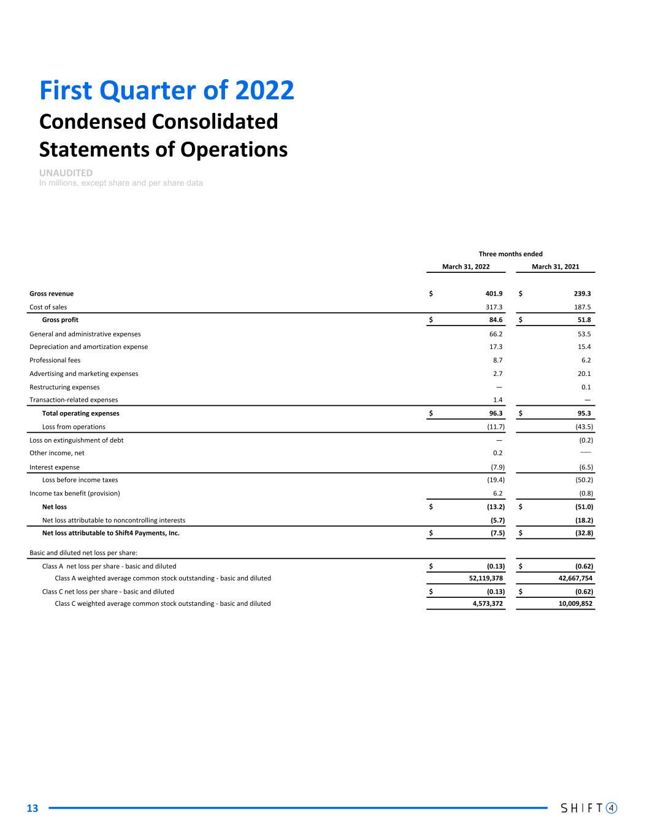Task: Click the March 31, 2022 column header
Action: [x=465, y=267]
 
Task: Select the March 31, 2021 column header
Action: [x=555, y=267]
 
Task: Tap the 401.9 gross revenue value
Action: [x=494, y=294]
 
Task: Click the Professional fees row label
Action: [x=55, y=361]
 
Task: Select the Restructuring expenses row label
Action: [x=64, y=387]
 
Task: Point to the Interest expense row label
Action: [x=55, y=467]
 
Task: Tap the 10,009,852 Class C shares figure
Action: [x=572, y=603]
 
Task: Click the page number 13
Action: [x=32, y=808]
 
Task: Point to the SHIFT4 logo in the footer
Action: [x=589, y=808]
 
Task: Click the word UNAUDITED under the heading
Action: [x=66, y=173]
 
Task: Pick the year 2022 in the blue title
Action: [x=264, y=91]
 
